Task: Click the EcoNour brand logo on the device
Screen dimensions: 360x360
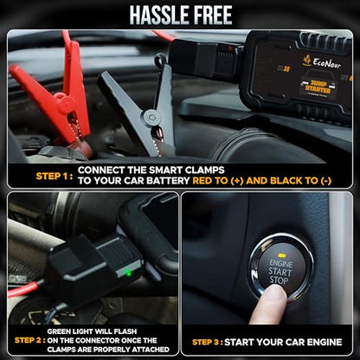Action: (x=322, y=62)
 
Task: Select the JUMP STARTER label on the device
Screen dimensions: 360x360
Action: (x=318, y=87)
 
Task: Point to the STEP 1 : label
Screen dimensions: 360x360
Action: (x=55, y=176)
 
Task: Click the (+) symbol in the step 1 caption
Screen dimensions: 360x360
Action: (x=237, y=181)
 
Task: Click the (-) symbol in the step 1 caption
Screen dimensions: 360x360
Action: (x=325, y=181)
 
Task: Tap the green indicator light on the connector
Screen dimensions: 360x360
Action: (x=129, y=273)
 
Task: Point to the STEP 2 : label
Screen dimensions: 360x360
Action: (x=30, y=340)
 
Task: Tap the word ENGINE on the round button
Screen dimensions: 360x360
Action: (x=280, y=263)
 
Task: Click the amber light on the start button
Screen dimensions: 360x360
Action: (x=281, y=255)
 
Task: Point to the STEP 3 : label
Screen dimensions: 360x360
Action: (x=208, y=343)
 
